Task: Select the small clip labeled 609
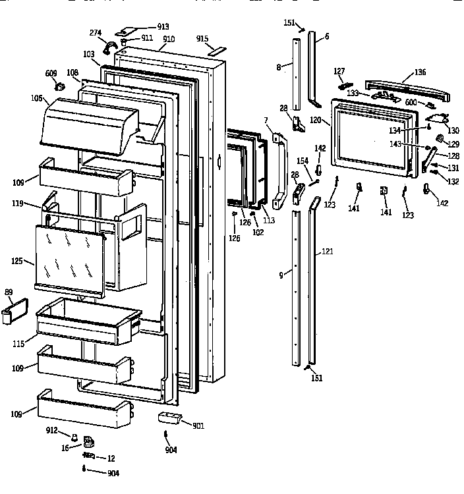click(59, 87)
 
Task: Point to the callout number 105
click(37, 99)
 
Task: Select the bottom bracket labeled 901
click(170, 417)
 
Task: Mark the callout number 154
click(302, 161)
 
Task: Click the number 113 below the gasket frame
click(269, 221)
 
